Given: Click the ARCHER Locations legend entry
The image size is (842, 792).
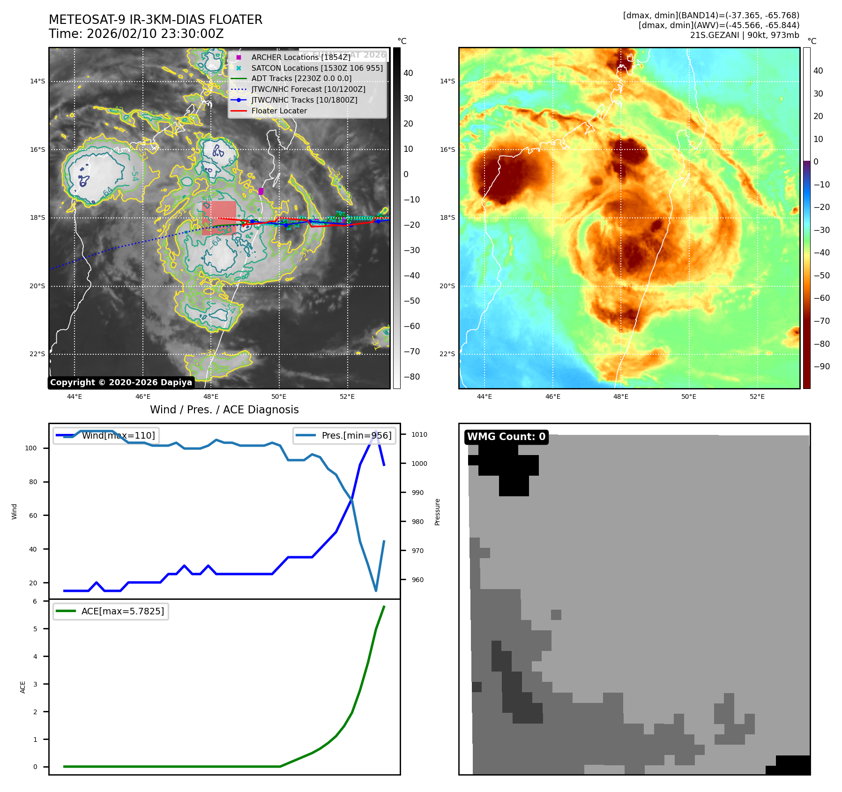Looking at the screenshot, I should pyautogui.click(x=300, y=57).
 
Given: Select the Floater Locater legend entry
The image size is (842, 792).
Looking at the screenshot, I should pyautogui.click(x=279, y=111).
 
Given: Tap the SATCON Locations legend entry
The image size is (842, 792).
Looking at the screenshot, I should pyautogui.click(x=317, y=68).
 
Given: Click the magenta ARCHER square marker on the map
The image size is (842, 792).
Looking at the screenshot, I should pyautogui.click(x=261, y=191).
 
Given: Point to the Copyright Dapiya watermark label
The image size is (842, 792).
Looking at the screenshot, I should pyautogui.click(x=121, y=382).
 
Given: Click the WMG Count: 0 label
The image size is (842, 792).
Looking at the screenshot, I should pyautogui.click(x=506, y=437).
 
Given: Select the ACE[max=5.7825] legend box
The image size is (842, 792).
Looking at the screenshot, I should pyautogui.click(x=111, y=611).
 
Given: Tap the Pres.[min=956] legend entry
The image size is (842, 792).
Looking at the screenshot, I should pyautogui.click(x=345, y=435).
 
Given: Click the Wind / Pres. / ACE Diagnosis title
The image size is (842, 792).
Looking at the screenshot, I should pyautogui.click(x=224, y=410).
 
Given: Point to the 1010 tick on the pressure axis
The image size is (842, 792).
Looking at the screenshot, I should pyautogui.click(x=419, y=434).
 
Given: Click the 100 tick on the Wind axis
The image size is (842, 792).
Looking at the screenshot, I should pyautogui.click(x=30, y=448).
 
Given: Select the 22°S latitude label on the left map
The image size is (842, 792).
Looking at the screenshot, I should pyautogui.click(x=37, y=354).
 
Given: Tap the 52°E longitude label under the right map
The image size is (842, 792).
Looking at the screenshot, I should pyautogui.click(x=757, y=396).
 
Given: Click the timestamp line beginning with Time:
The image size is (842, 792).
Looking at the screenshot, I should pyautogui.click(x=136, y=34).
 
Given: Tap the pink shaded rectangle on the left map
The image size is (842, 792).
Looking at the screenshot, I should pyautogui.click(x=219, y=218).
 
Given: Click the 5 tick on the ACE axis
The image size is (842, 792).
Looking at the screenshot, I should pyautogui.click(x=35, y=629).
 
